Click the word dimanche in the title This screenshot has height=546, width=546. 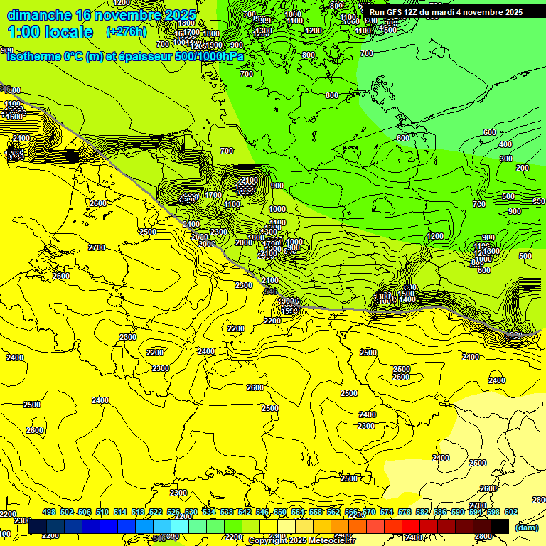coord(39,15)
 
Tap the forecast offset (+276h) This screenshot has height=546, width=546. coord(127,32)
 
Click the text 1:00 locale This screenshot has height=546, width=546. coord(50,32)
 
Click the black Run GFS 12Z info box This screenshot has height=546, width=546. coord(446,12)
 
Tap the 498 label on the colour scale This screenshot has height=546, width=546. coord(49,512)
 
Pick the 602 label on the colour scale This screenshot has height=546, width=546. coord(511,512)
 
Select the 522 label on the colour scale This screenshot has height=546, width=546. coord(156,512)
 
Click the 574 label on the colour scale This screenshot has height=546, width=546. coord(387,512)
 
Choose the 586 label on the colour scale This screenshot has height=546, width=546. coord(440,512)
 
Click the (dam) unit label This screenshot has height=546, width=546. coord(527,527)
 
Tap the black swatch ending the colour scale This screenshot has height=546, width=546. coord(500,526)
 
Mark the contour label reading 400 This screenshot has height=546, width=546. coord(505,144)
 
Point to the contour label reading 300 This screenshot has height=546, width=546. coord(506,159)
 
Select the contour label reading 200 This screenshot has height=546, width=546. coord(523,168)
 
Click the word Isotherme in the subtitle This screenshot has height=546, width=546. coord(33,56)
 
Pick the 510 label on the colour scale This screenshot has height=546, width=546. coord(102,512)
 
